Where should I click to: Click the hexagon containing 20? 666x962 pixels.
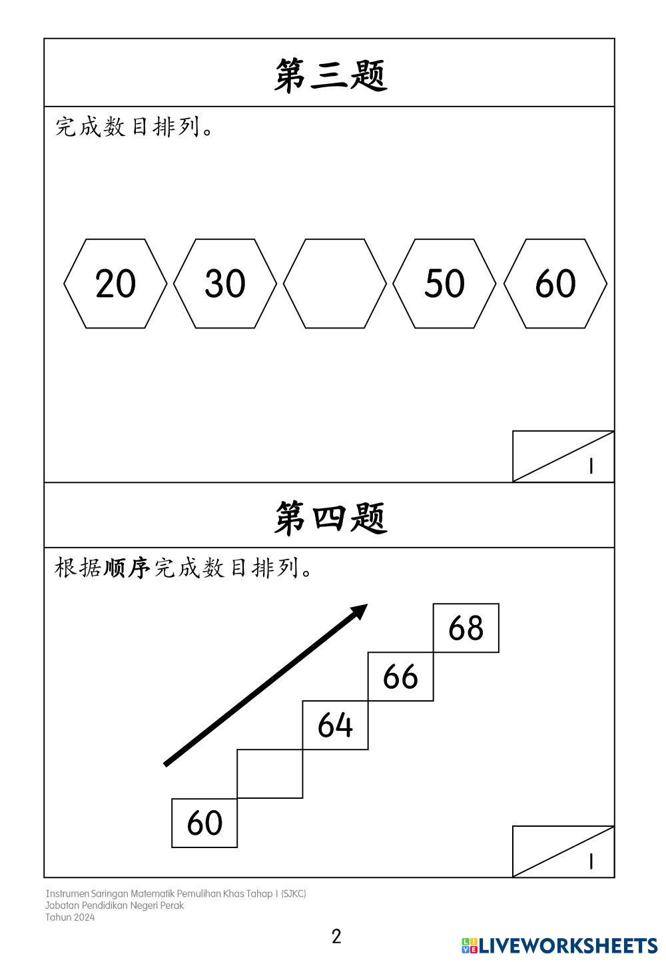tap(115, 284)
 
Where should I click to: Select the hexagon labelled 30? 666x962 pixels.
tap(225, 284)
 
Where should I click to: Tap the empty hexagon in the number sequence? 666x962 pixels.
tap(335, 284)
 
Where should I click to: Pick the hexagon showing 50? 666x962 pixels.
tap(445, 284)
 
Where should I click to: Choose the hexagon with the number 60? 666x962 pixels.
tap(555, 284)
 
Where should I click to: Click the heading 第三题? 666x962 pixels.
tap(330, 74)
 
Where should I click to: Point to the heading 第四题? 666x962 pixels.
tap(330, 517)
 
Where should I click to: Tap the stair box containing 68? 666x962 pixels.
tap(466, 628)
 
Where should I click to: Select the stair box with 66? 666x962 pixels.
tap(401, 677)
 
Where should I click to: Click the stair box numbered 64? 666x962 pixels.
tap(336, 725)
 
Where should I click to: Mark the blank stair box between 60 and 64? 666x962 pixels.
tap(270, 774)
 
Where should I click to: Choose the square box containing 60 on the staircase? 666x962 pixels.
tap(204, 823)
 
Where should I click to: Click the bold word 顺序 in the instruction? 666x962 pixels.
tap(127, 568)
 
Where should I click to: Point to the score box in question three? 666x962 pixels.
tap(563, 456)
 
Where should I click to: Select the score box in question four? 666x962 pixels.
tap(563, 851)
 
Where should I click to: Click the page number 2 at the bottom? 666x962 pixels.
tap(336, 936)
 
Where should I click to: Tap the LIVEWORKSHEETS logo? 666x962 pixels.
tap(559, 945)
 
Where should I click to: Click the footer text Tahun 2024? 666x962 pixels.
tap(70, 917)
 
